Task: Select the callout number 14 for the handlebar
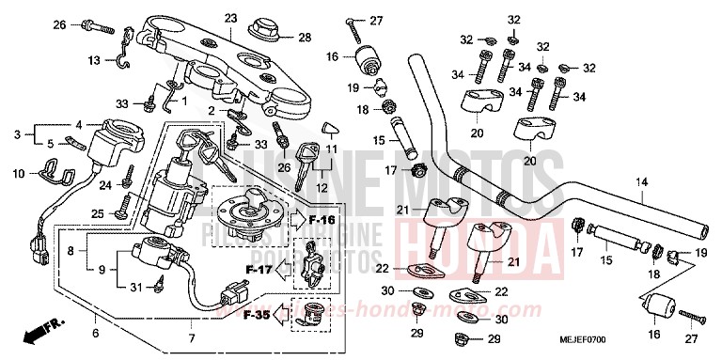pyautogui.click(x=643, y=181)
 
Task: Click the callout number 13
pyautogui.click(x=94, y=60)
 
